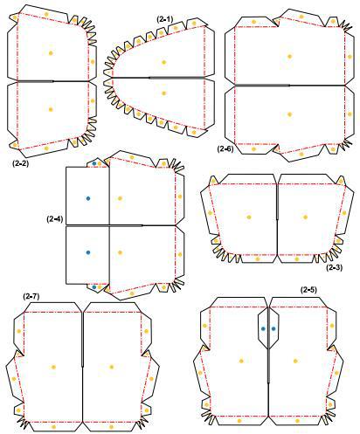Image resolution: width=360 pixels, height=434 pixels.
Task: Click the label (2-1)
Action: pos(165,17)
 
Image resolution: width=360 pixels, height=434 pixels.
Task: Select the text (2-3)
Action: pos(335,267)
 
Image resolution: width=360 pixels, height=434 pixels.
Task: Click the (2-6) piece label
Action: pos(225,149)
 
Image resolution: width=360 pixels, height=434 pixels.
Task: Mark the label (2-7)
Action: pos(31,297)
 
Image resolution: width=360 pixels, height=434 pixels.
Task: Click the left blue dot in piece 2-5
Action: pos(264,328)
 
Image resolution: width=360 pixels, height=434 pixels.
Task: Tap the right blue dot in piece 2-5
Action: pos(274,328)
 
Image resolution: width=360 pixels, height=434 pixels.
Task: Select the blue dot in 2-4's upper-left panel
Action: pos(87,198)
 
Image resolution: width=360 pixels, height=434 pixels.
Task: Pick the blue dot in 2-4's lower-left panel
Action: pos(87,252)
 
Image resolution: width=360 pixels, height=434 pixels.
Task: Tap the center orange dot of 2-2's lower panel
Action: pos(51,109)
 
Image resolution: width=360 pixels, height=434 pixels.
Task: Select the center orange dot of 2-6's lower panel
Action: pos(288,114)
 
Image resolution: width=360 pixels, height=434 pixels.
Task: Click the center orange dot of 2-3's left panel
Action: pos(249,217)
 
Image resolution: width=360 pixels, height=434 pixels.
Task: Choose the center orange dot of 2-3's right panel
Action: pos(306,217)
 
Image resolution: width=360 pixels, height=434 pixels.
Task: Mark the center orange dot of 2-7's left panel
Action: pos(53,367)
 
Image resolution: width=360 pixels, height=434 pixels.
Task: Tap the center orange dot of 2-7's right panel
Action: pos(111,367)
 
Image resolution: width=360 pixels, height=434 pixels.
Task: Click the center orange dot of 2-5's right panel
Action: pos(295,360)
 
